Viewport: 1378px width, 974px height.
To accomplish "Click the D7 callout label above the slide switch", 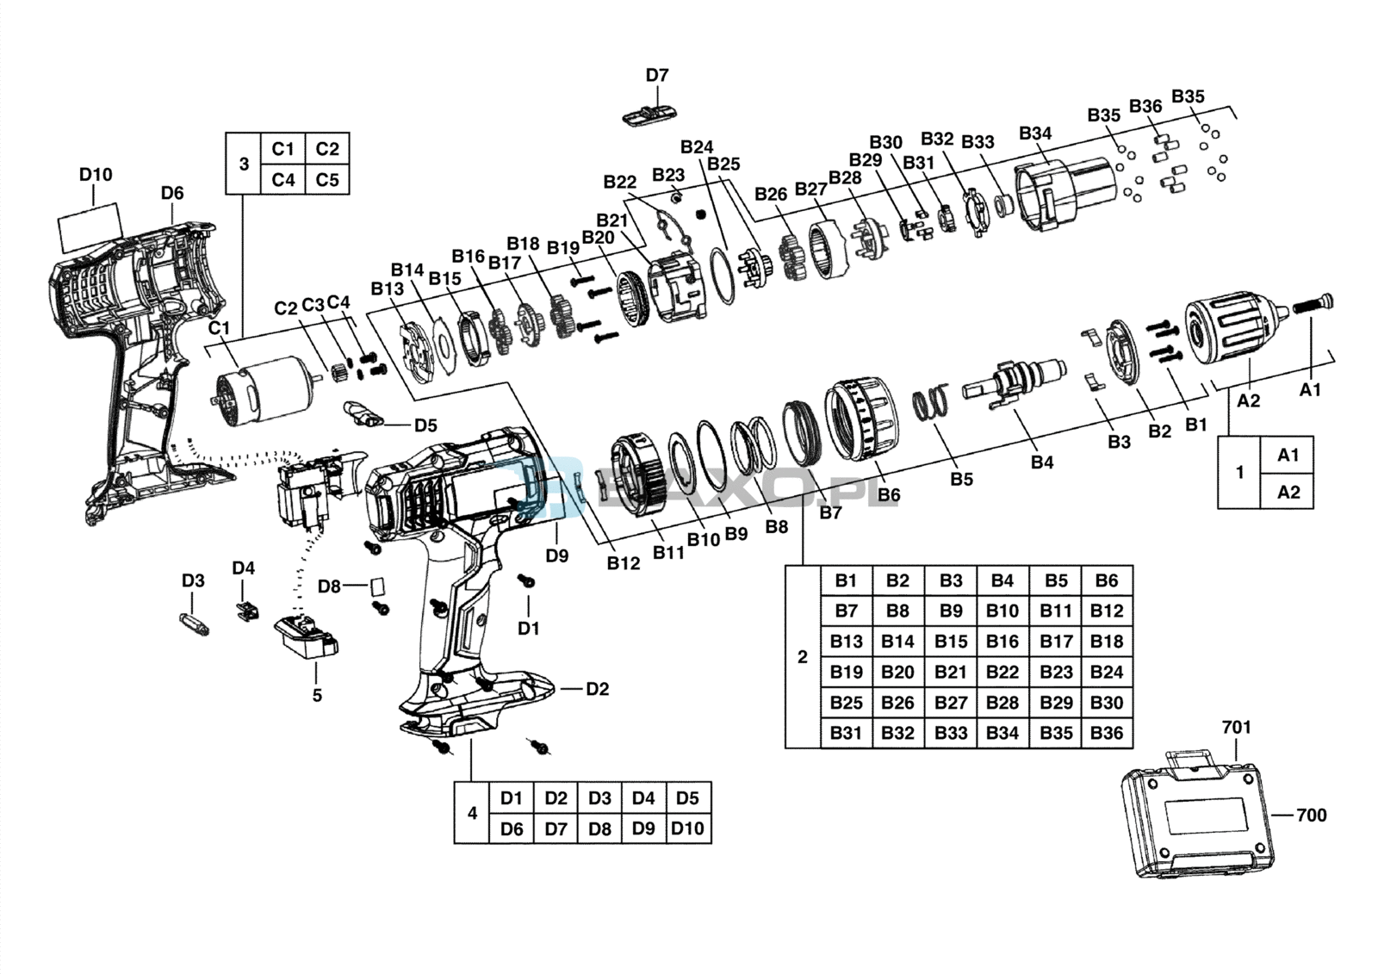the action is (x=656, y=75).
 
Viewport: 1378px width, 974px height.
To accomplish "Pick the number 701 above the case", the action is (x=1237, y=727).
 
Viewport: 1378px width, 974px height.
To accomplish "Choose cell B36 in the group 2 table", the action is (x=1107, y=733).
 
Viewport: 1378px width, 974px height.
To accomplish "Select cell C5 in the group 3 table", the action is (x=327, y=180).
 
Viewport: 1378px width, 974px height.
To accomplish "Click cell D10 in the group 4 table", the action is (x=688, y=828).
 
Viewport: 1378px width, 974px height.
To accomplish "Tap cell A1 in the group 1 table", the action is (x=1288, y=456).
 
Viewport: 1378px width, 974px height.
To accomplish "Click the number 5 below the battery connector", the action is (x=317, y=695).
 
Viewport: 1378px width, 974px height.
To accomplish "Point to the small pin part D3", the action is (x=195, y=623).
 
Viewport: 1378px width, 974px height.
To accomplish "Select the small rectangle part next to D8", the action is (x=377, y=585).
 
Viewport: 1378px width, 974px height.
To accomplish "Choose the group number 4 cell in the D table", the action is (x=472, y=813).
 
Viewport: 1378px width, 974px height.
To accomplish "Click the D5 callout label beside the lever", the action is (x=425, y=425).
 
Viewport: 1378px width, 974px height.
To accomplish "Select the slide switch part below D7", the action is (x=649, y=115).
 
